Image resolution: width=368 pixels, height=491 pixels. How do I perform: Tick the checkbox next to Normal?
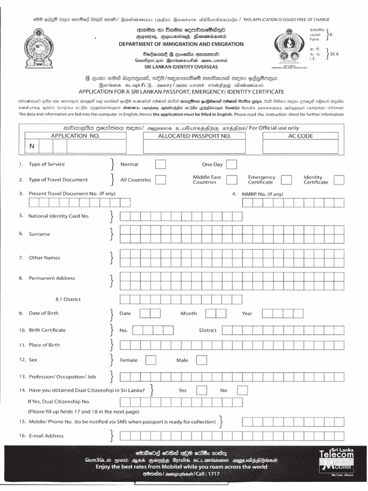[x=161, y=164]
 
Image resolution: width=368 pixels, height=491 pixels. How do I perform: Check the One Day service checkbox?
[x=231, y=164]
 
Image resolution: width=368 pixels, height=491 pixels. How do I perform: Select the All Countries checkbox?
[x=161, y=180]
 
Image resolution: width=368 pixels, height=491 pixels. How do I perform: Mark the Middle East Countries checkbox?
[x=231, y=180]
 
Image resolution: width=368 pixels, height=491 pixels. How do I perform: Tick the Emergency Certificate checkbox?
[x=287, y=180]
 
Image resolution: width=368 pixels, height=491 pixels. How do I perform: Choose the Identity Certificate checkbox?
[x=339, y=180]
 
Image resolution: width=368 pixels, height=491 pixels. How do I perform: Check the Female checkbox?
[x=150, y=360]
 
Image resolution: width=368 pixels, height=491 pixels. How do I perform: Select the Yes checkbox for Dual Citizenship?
[x=200, y=390]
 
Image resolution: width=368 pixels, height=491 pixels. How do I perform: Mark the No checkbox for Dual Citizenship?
[x=242, y=390]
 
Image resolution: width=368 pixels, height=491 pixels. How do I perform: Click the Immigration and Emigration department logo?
[x=292, y=46]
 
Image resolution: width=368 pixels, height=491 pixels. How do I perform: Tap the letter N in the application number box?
[x=32, y=146]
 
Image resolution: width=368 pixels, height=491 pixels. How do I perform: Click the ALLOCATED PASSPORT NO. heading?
[x=195, y=136]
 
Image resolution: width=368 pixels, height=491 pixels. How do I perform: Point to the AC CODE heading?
[x=300, y=136]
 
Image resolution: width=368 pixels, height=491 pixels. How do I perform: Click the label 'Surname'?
[x=39, y=234]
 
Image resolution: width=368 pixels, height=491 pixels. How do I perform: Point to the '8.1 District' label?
[x=68, y=299]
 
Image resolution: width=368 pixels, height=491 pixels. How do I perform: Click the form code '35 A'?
[x=334, y=54]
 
